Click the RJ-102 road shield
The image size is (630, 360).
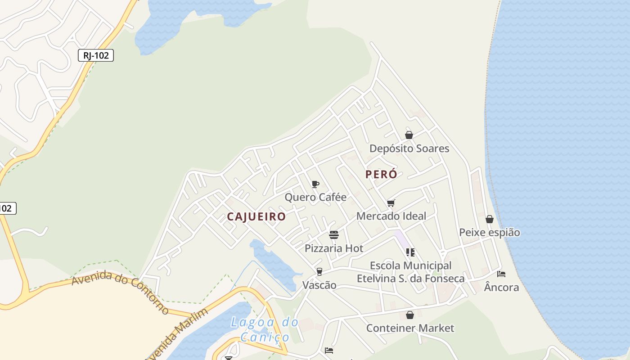coord(96,55)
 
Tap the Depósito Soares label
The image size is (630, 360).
coord(409,148)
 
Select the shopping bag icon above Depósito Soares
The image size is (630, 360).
coord(409,135)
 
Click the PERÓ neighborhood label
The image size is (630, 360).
coord(381,175)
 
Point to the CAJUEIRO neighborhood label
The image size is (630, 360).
coord(256,217)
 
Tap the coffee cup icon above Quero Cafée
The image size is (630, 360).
coord(315,184)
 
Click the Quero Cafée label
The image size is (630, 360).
coord(315,197)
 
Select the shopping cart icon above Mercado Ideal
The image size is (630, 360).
coord(391,203)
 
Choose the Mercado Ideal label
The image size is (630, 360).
coord(391,216)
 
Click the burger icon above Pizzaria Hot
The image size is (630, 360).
coord(334,235)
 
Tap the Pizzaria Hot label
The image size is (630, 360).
coord(334,248)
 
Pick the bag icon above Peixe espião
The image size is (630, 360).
coord(490,219)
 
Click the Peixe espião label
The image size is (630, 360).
coord(490,233)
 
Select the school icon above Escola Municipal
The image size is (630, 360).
coord(410,252)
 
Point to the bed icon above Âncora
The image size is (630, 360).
coord(501,274)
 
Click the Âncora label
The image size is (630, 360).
coord(501,287)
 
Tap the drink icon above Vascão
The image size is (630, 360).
coord(319,272)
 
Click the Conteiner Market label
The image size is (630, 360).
coord(410,328)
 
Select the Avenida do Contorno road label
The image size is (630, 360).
coord(121,291)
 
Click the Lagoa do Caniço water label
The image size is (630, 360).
coord(265,329)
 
